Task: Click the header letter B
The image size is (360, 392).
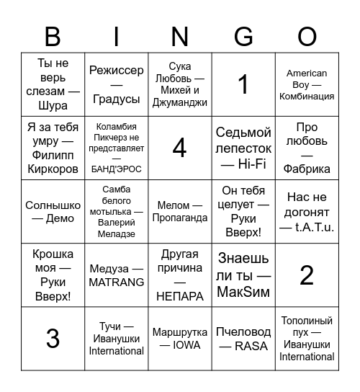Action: tap(53, 36)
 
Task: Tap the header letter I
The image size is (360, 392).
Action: tap(117, 36)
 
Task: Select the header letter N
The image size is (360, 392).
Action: tap(180, 36)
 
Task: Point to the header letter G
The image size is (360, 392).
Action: tap(243, 36)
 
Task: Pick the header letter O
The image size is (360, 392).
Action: tap(307, 36)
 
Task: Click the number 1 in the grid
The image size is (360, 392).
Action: tap(243, 84)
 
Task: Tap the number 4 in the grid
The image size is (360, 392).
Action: tap(180, 148)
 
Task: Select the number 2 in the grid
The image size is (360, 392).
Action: tap(307, 275)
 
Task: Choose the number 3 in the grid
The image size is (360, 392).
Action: tap(53, 338)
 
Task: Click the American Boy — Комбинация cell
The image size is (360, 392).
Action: tap(307, 84)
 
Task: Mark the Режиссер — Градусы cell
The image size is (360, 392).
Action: tap(117, 84)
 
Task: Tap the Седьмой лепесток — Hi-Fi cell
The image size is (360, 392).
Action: tap(243, 148)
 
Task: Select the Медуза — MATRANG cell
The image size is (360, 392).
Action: tap(117, 275)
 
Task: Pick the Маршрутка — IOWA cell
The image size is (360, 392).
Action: tap(180, 338)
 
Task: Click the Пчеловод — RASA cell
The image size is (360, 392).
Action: tap(243, 338)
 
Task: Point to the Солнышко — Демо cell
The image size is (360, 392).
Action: tap(53, 211)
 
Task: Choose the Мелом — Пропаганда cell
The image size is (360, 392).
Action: tap(180, 211)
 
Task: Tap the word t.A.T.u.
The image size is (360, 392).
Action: tap(315, 227)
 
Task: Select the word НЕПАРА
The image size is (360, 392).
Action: tap(180, 296)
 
